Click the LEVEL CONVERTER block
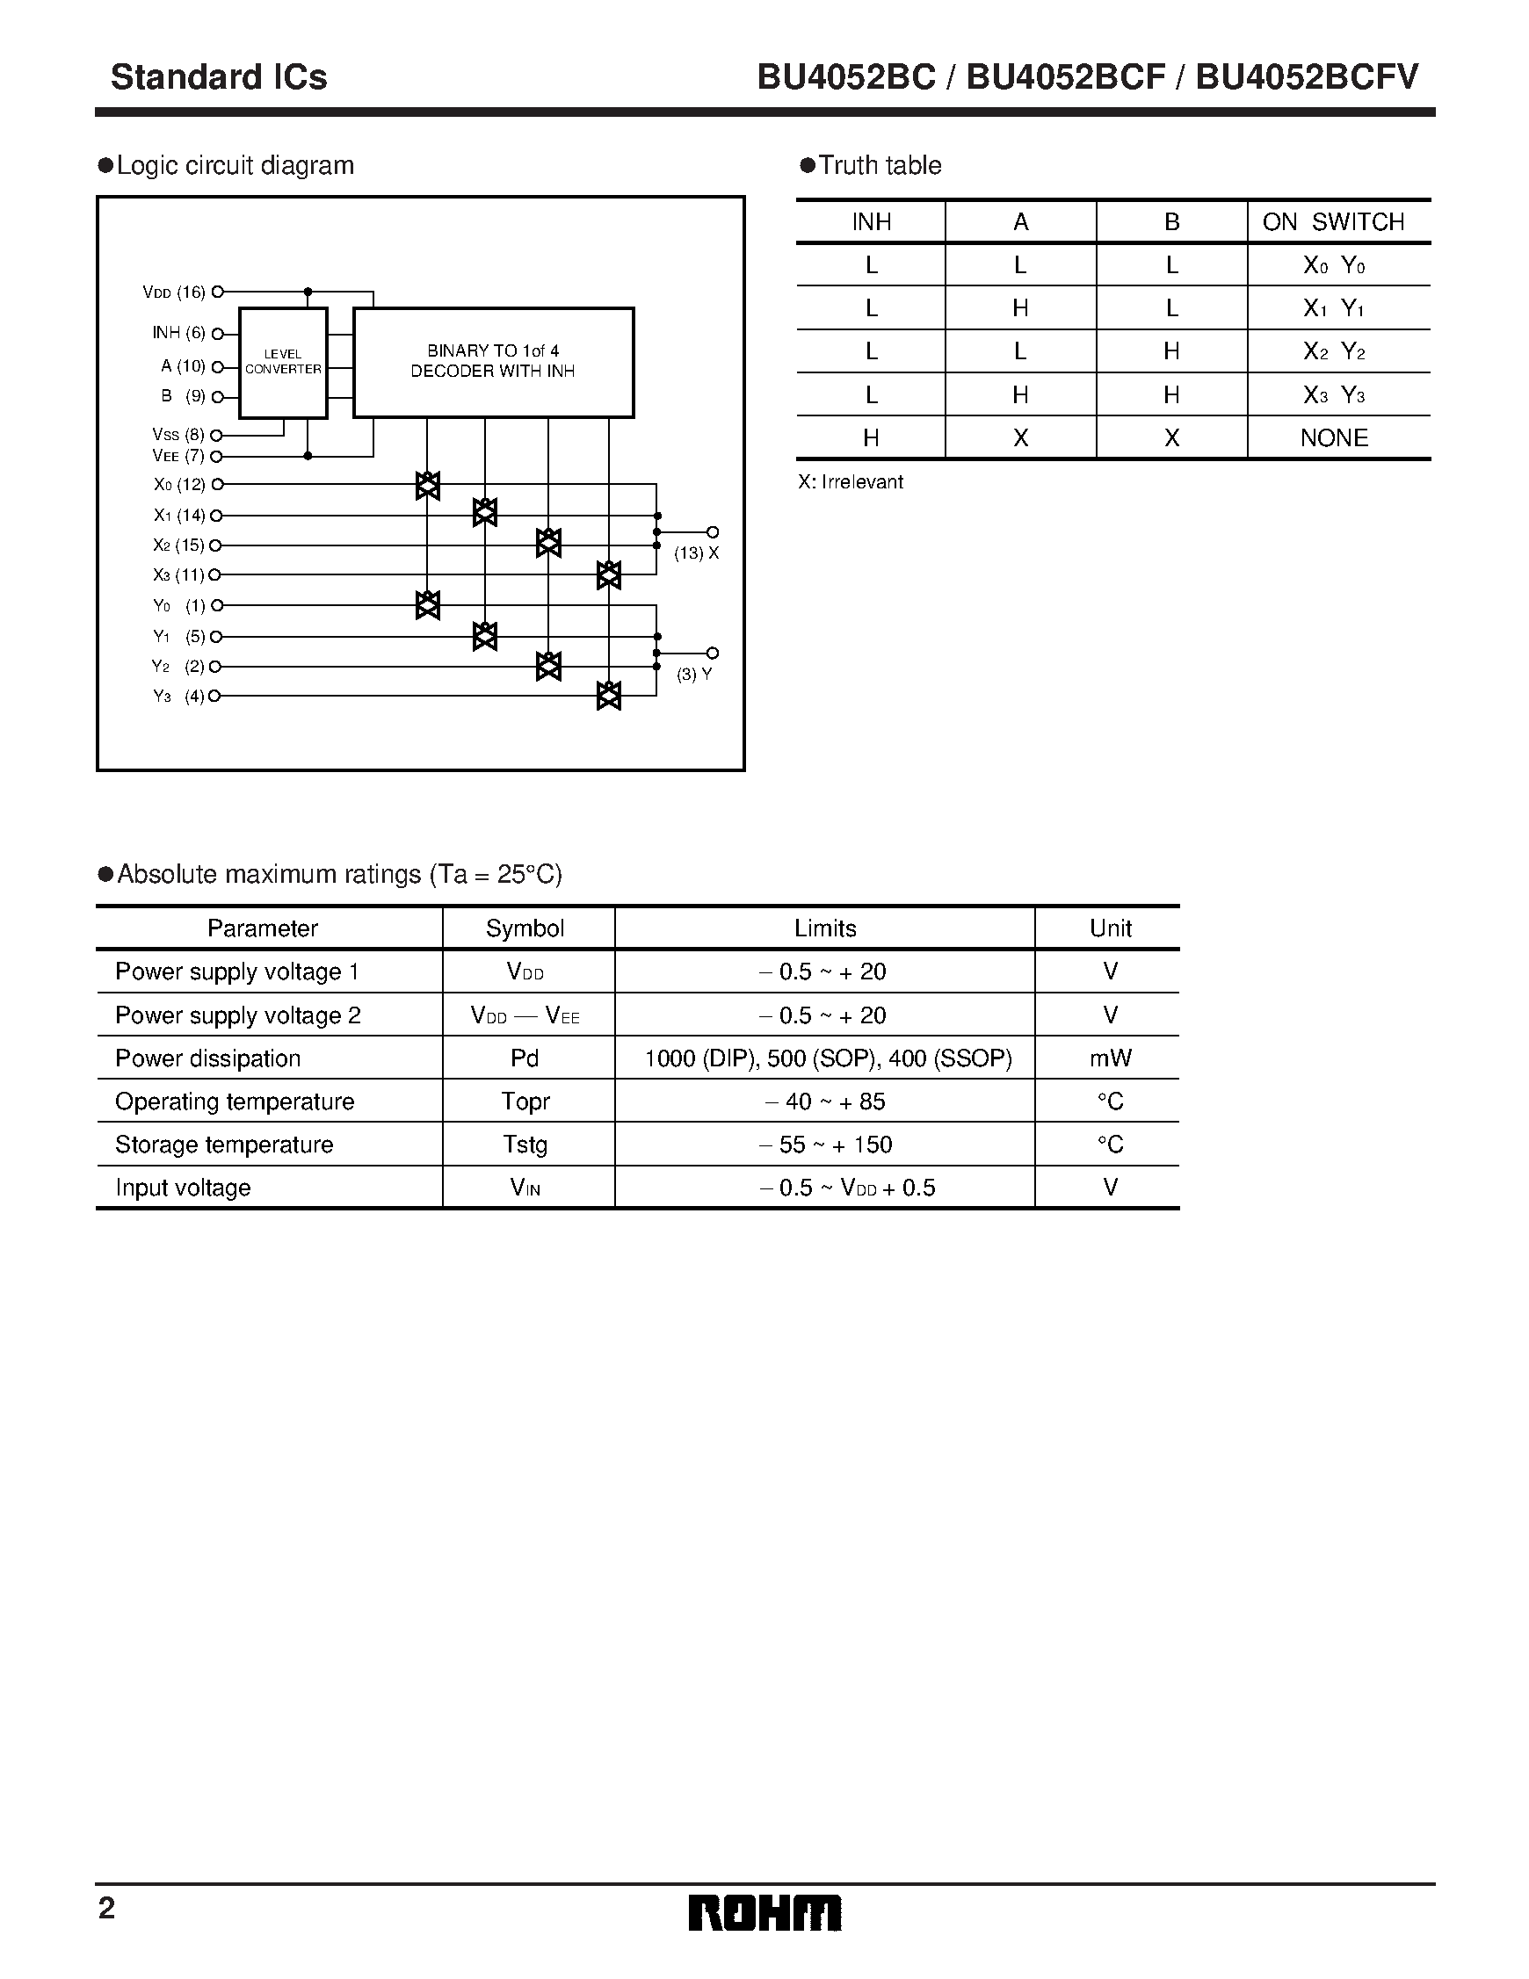tap(283, 363)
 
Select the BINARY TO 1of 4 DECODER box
tap(493, 362)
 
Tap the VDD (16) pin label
tap(174, 292)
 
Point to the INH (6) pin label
tap(178, 333)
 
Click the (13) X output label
tap(696, 553)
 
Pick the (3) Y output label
tap(694, 675)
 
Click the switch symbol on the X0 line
tap(428, 486)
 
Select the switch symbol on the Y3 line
tap(609, 696)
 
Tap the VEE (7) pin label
tap(178, 456)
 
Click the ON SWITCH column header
tap(1333, 222)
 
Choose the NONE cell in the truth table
tap(1333, 437)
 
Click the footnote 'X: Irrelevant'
tap(850, 482)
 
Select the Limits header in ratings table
tap(825, 928)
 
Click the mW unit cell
tap(1109, 1058)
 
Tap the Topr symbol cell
tap(525, 1101)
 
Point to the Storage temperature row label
tap(224, 1145)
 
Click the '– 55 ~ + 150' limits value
tap(825, 1145)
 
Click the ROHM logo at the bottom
tap(765, 1913)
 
